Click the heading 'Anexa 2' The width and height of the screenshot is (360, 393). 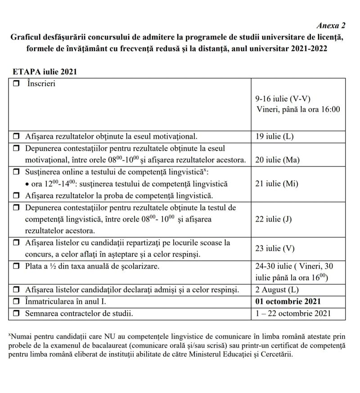331,25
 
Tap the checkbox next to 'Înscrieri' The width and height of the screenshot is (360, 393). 17,84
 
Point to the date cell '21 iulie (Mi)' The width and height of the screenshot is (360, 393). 276,183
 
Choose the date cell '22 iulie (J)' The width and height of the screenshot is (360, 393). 273,219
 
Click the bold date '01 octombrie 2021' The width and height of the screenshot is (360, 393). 288,301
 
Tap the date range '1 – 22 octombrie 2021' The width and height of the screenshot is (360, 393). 292,313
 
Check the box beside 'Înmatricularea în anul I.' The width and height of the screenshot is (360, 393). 17,301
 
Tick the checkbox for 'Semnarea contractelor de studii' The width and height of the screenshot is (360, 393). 17,313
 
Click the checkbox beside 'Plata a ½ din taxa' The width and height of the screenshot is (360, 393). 17,267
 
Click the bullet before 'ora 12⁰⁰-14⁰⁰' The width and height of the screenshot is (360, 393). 28,184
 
